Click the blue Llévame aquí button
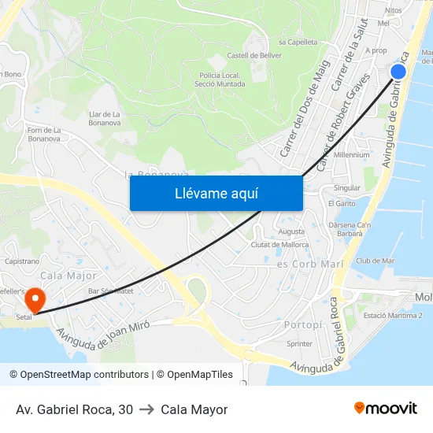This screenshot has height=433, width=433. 216,193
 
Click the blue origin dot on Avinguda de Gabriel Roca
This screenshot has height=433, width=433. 398,72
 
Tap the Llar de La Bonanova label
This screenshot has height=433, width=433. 105,118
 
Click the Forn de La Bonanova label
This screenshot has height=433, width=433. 44,135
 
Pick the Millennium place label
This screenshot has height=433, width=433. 351,155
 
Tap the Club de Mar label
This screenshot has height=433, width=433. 375,261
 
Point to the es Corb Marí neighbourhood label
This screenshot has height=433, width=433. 310,265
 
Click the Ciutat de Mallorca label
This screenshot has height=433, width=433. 279,245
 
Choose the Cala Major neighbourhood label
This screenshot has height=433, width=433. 68,276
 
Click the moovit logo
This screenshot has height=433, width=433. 386,408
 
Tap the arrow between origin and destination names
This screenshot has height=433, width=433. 146,409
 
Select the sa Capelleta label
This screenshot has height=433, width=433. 298,42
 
